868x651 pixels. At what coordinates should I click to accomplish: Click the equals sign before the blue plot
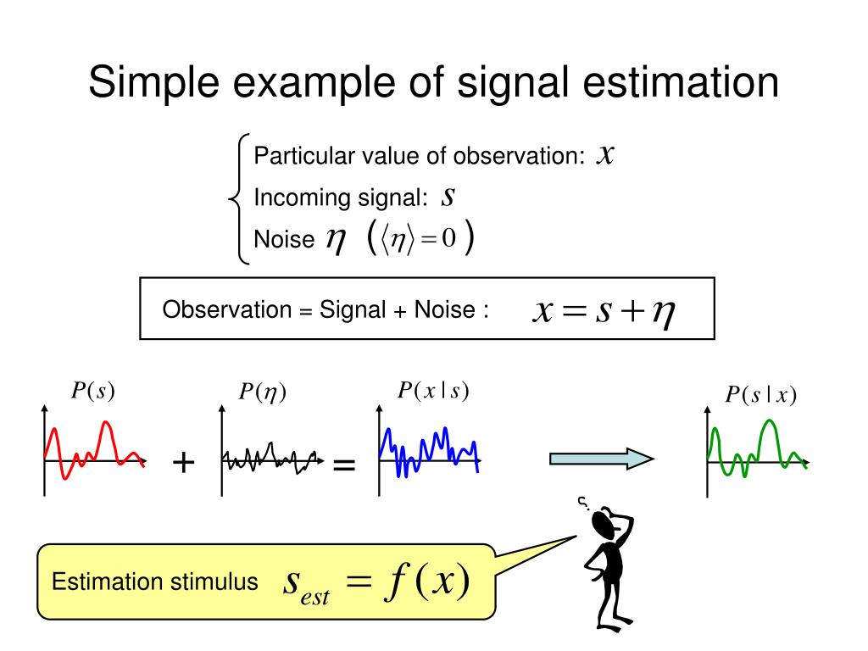[343, 465]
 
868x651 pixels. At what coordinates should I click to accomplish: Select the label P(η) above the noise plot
[262, 392]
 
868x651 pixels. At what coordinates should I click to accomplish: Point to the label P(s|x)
[760, 395]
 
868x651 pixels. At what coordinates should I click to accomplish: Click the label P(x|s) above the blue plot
[433, 390]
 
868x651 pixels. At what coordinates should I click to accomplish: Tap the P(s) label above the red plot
[92, 391]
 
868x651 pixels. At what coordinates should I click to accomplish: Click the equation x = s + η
[603, 311]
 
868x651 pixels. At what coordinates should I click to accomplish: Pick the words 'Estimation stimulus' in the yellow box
[155, 582]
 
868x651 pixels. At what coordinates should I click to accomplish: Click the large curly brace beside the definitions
[239, 199]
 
